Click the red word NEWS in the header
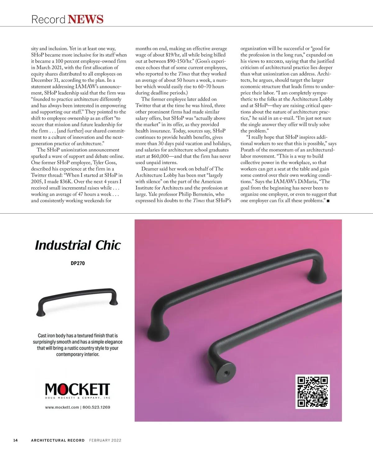click(85, 19)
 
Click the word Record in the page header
click(48, 19)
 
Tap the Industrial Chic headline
click(78, 245)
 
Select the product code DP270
click(78, 263)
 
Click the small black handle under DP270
click(78, 300)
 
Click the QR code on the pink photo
click(312, 392)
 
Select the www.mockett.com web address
click(62, 407)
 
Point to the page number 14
click(16, 440)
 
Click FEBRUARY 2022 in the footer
click(105, 440)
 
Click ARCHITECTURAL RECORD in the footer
click(58, 440)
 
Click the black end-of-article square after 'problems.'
click(328, 201)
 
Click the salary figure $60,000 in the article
click(160, 156)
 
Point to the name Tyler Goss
click(105, 163)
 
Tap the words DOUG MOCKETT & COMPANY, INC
click(78, 398)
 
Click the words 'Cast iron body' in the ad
click(52, 336)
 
